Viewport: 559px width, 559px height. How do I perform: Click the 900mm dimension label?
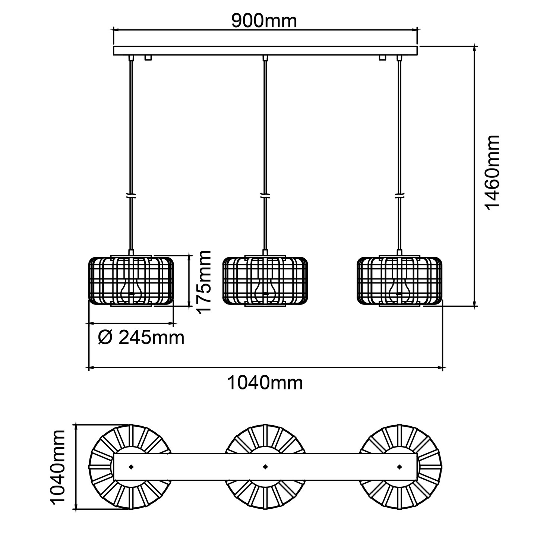264,21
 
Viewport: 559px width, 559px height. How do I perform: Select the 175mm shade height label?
204,282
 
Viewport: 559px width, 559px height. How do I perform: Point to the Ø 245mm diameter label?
141,338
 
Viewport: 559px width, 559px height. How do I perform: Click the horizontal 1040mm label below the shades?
265,383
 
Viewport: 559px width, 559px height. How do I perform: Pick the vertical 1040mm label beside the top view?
58,467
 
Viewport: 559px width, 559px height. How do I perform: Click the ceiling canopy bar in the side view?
265,51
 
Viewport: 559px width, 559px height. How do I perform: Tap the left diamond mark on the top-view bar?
131,467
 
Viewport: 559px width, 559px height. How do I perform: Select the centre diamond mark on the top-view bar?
265,467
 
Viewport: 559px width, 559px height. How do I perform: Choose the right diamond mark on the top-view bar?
400,467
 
